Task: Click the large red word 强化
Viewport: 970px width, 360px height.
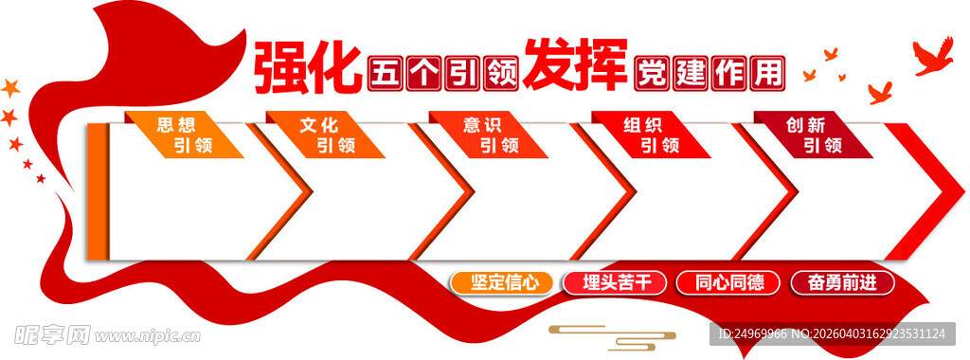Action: pos(307,67)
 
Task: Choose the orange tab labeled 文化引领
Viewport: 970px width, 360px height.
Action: pos(327,135)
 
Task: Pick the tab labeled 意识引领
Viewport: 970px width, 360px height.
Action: pos(490,135)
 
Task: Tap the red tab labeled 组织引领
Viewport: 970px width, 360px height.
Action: pos(651,135)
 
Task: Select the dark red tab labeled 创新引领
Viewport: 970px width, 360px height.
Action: pos(813,135)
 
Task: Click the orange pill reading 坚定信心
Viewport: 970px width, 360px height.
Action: pos(501,282)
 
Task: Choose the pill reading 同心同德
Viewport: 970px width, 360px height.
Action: pos(727,282)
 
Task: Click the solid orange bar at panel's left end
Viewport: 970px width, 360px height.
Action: pos(97,190)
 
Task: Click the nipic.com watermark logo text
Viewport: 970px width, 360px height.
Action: pos(105,334)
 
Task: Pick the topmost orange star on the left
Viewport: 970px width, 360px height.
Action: pos(11,88)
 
